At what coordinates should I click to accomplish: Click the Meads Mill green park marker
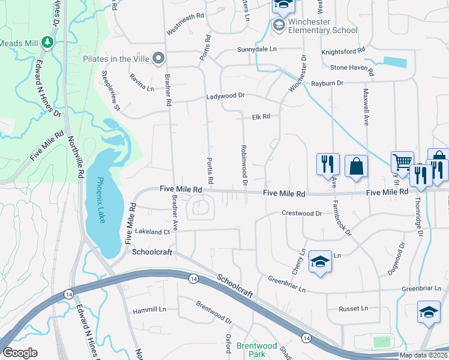coord(47,43)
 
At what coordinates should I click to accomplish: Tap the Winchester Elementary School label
coord(322,26)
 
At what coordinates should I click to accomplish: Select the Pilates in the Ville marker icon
coord(158,58)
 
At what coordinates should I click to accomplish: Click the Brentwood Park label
coord(256,350)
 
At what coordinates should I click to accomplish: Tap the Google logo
coord(20,353)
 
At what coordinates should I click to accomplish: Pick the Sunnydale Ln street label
coord(257,49)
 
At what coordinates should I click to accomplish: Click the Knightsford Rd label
coord(343,51)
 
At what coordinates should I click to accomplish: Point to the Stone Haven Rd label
coord(352,68)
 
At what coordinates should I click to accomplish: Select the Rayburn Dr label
coord(327,83)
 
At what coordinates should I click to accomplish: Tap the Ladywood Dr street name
coord(226,95)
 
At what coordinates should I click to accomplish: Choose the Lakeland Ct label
coord(153,232)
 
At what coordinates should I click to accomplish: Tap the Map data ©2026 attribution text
coord(423,355)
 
